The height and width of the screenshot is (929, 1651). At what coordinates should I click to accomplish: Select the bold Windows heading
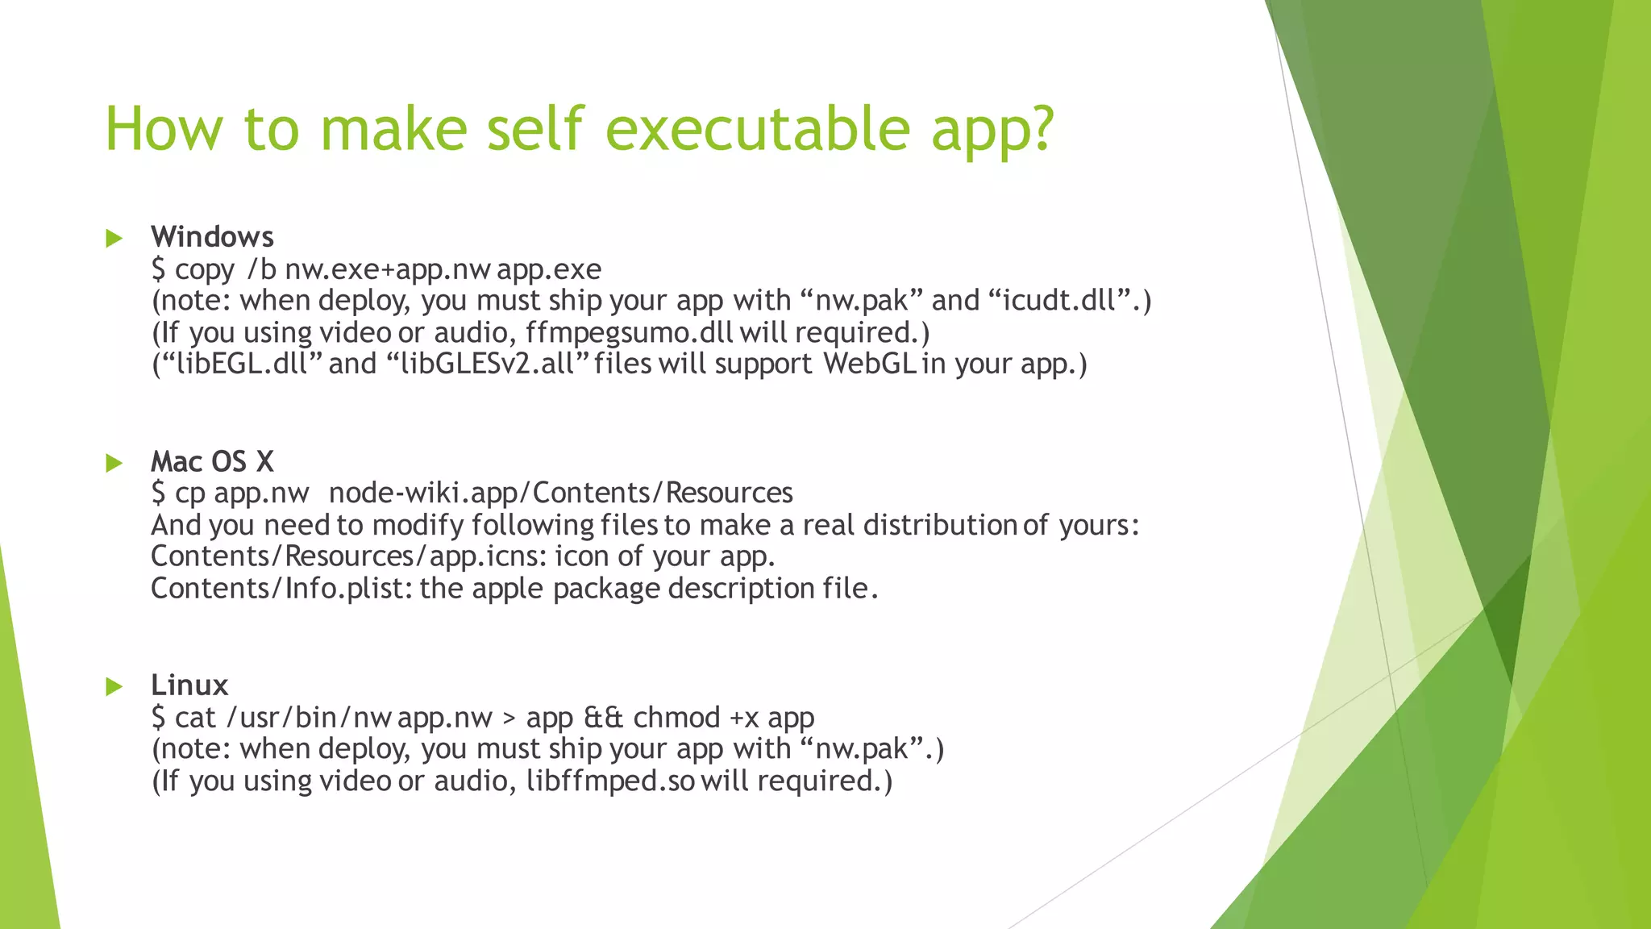click(212, 237)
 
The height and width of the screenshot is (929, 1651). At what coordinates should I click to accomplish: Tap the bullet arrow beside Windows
click(114, 238)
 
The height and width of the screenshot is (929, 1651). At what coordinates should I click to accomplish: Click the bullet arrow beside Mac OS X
click(114, 463)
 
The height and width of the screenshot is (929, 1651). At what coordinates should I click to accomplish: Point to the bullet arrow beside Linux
click(114, 686)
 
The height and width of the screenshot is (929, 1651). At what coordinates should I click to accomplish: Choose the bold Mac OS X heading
click(212, 462)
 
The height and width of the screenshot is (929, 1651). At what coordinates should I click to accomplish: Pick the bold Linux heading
click(189, 685)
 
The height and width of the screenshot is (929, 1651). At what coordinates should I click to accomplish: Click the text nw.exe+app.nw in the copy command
click(387, 269)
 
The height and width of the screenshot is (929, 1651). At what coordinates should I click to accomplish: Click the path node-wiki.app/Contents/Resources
click(560, 493)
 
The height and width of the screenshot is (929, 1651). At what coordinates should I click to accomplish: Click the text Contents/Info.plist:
click(281, 589)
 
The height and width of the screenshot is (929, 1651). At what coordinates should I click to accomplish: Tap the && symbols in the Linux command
click(603, 718)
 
